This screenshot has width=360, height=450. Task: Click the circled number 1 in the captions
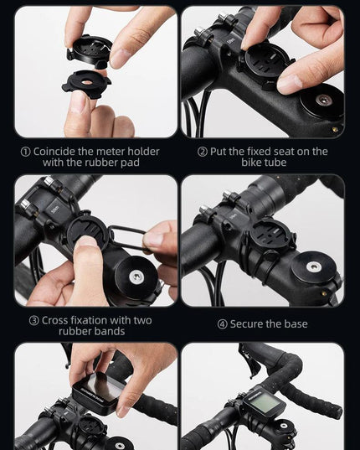(x=25, y=152)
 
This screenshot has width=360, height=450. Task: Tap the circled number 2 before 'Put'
(x=203, y=152)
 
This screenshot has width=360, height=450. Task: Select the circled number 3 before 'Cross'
(x=33, y=321)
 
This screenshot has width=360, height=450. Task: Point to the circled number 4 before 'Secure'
(x=222, y=324)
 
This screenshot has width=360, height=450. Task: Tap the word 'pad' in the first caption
(x=130, y=163)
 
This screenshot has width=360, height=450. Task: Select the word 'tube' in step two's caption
(x=275, y=163)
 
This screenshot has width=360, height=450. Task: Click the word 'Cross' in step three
(x=54, y=320)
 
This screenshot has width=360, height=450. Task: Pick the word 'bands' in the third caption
(x=110, y=332)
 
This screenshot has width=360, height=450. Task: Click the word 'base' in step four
(x=296, y=324)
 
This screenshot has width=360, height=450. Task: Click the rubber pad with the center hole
(x=85, y=81)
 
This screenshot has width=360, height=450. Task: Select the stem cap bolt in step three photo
(x=136, y=276)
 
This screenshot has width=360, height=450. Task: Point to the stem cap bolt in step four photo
(x=313, y=266)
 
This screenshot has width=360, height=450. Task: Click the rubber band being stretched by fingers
(x=128, y=237)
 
